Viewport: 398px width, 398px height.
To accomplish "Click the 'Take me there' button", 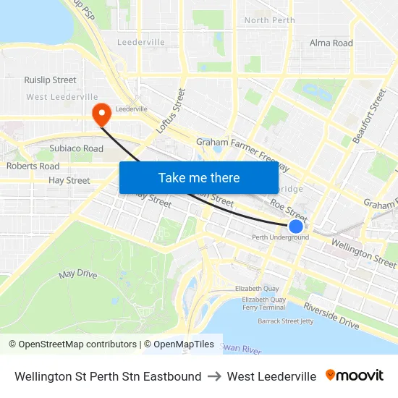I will pyautogui.click(x=199, y=177).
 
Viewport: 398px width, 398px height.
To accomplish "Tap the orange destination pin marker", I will pyautogui.click(x=101, y=112).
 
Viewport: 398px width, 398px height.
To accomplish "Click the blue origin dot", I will pyautogui.click(x=296, y=226).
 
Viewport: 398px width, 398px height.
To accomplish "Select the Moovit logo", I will pyautogui.click(x=355, y=376).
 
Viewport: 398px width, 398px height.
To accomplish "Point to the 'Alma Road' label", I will pyautogui.click(x=331, y=43).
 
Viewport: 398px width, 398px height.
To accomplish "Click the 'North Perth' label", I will pyautogui.click(x=269, y=20).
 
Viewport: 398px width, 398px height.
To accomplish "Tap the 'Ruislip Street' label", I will pyautogui.click(x=50, y=80).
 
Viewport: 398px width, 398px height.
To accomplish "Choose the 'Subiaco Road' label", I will pyautogui.click(x=76, y=149).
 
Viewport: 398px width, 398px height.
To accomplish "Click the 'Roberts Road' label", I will pyautogui.click(x=33, y=166).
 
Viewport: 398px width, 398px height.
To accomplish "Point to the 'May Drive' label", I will pyautogui.click(x=77, y=274).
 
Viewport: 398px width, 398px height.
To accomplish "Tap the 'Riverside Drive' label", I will pyautogui.click(x=331, y=316).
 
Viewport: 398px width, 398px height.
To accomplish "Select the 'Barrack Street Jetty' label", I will pyautogui.click(x=286, y=320).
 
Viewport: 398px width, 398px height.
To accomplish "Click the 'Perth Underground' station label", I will pyautogui.click(x=280, y=237).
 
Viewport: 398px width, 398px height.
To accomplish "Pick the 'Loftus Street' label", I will pyautogui.click(x=171, y=111).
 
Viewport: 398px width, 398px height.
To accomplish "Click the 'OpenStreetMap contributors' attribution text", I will pyautogui.click(x=77, y=344).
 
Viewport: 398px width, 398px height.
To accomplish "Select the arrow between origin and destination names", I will pyautogui.click(x=214, y=376).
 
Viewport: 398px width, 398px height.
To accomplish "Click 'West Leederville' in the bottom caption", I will pyautogui.click(x=271, y=376).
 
